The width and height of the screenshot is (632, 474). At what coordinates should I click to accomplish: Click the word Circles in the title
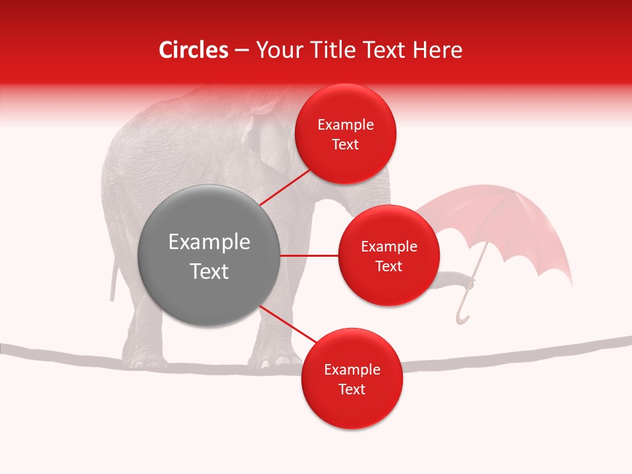click(193, 50)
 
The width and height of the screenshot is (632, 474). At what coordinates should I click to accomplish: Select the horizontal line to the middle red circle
click(309, 255)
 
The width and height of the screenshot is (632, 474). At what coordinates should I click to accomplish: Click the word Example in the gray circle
click(209, 242)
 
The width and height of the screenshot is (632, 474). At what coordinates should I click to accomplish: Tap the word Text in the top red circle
click(346, 145)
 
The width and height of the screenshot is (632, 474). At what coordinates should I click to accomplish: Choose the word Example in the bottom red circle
click(352, 369)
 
